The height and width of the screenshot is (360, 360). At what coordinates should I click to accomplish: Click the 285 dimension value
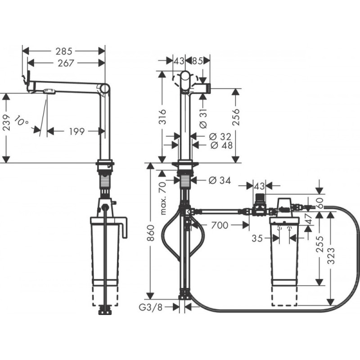point(64,50)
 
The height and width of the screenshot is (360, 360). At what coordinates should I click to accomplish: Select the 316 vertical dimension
point(163,117)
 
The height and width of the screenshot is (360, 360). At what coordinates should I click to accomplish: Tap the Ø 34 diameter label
point(220,180)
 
